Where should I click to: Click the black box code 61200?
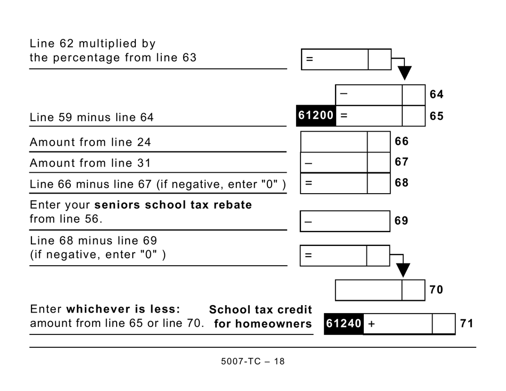[316, 115]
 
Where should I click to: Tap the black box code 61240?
[344, 324]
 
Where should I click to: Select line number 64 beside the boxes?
[436, 95]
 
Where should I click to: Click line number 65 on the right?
[436, 116]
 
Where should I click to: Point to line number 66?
[402, 141]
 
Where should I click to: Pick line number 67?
[402, 162]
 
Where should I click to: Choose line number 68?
[402, 183]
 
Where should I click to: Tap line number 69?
[402, 220]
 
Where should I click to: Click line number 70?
[436, 290]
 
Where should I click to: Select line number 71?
[467, 323]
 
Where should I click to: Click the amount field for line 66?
[334, 142]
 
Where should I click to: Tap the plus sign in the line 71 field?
[371, 324]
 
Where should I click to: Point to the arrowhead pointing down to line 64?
[405, 73]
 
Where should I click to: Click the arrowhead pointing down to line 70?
[403, 270]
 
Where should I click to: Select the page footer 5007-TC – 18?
[252, 362]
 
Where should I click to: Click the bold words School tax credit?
[260, 310]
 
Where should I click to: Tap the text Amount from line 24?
[90, 142]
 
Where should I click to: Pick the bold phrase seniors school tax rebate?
[173, 205]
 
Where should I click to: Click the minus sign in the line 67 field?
[308, 163]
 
